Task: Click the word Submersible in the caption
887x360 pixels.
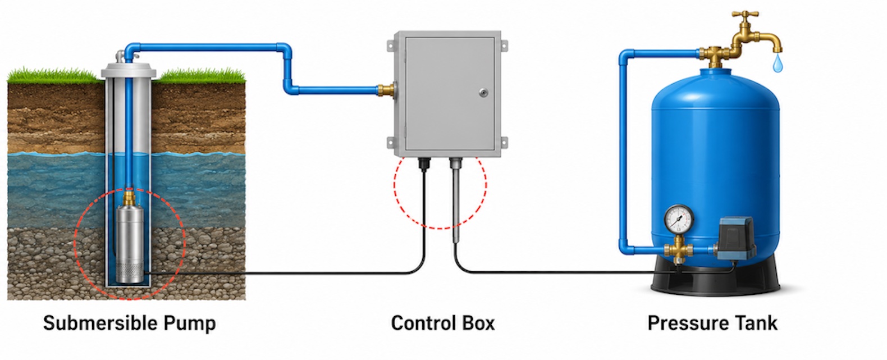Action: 100,323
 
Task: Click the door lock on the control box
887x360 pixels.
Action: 483,93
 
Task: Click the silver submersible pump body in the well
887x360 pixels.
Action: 130,244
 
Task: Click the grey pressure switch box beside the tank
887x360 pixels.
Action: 736,238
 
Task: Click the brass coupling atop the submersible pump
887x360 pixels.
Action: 129,197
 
